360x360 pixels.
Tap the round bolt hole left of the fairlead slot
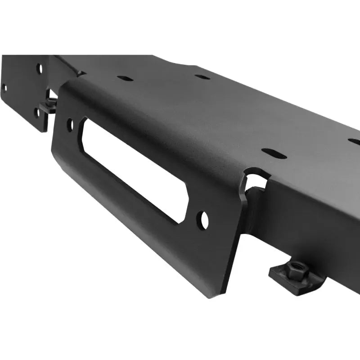click(x=70, y=125)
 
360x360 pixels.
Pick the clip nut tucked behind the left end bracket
click(x=48, y=106)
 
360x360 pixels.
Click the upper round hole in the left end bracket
click(x=40, y=68)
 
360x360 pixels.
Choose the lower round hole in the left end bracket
click(x=37, y=112)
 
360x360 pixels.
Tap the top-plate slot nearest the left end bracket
click(x=125, y=78)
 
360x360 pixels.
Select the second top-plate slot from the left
click(x=202, y=76)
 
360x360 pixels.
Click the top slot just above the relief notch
click(x=274, y=153)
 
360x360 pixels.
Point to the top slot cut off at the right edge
click(x=355, y=141)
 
